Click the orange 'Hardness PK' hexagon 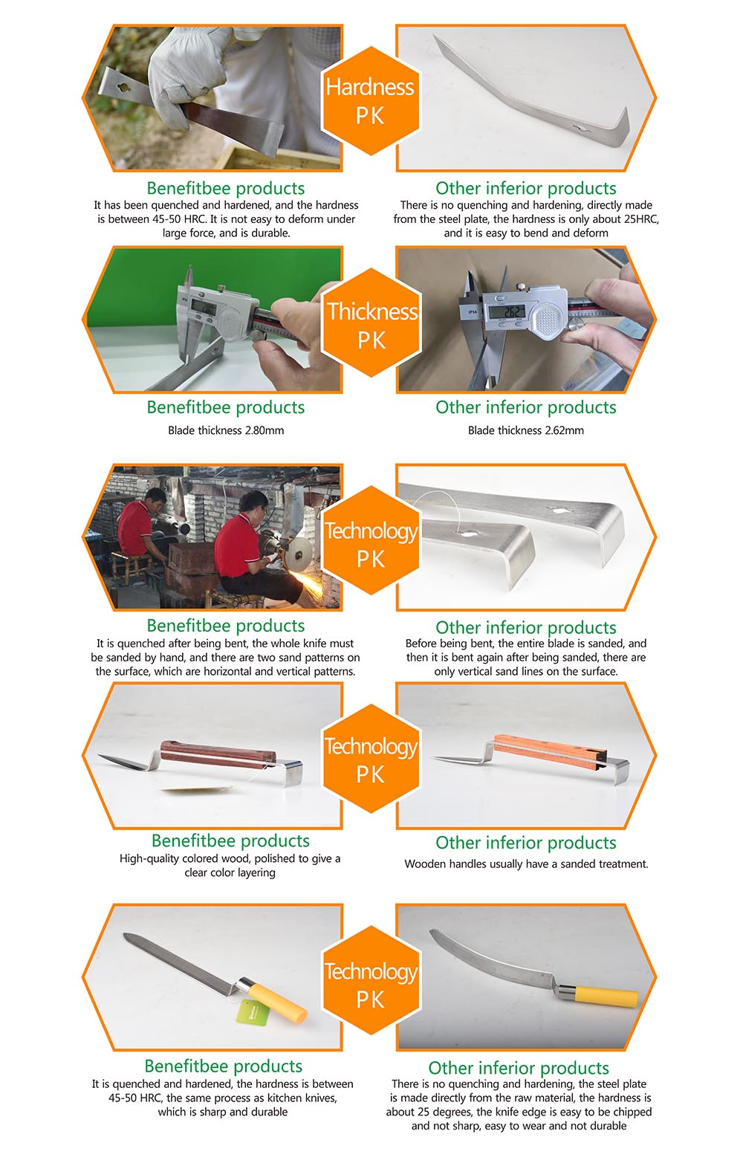(371, 101)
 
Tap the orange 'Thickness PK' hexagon (371, 323)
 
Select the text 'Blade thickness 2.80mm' (226, 430)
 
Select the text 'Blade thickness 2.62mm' (525, 430)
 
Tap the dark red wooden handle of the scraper (218, 754)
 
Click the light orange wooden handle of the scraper (550, 750)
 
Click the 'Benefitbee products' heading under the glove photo (226, 188)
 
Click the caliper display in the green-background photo (203, 308)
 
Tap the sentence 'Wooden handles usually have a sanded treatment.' (526, 864)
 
